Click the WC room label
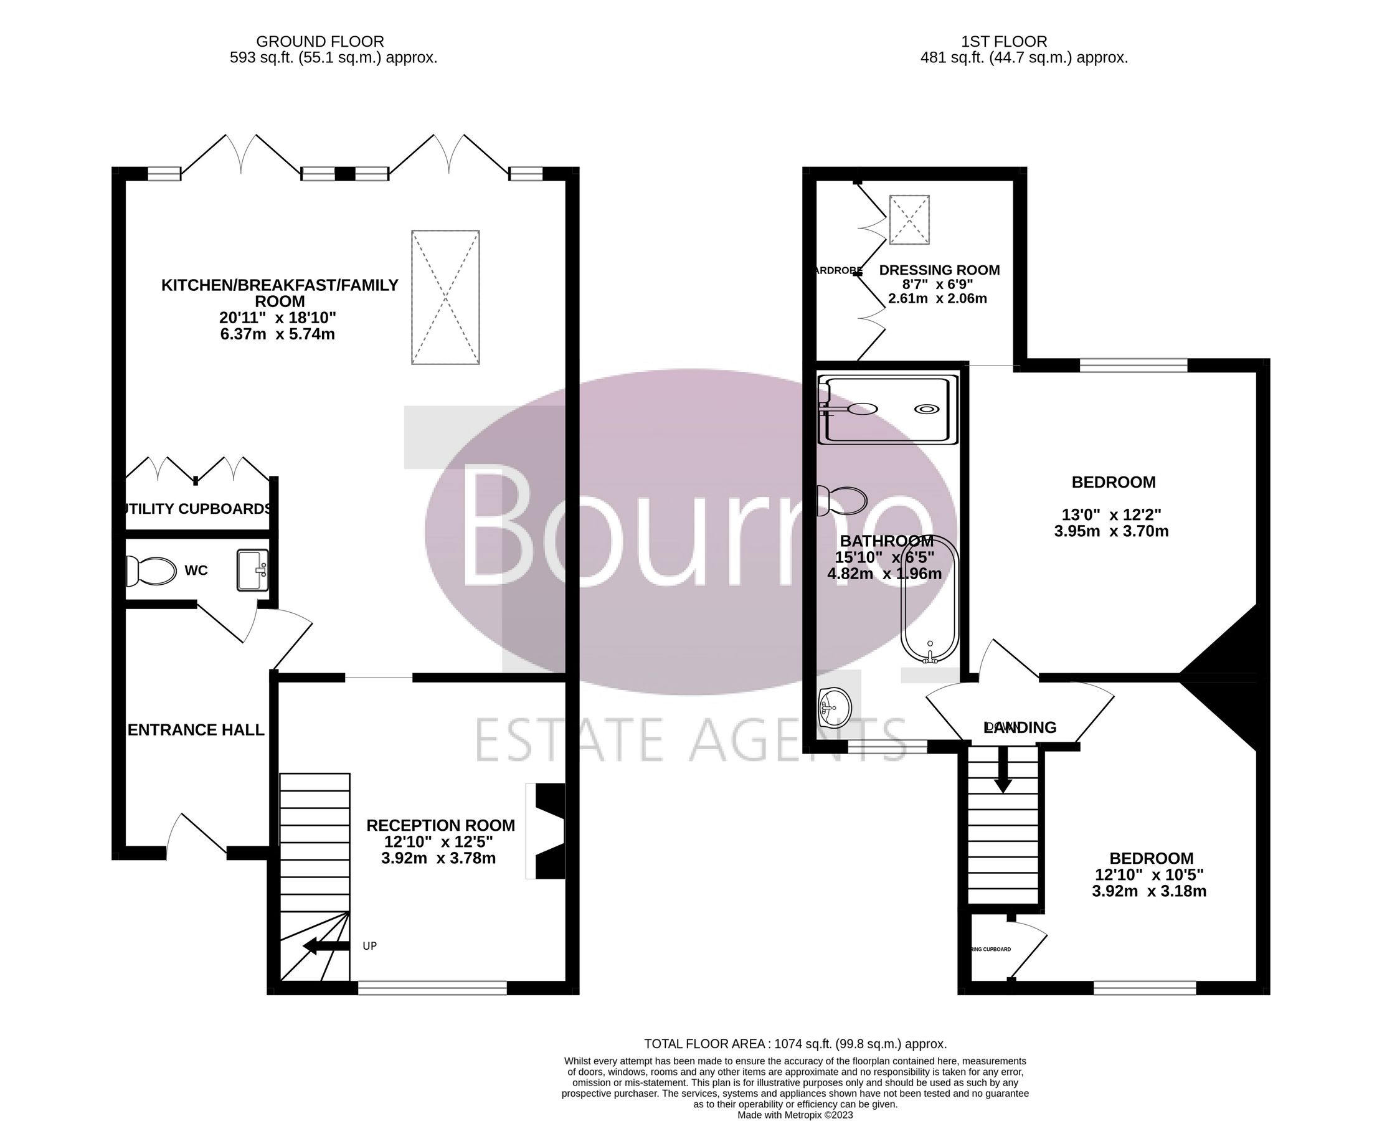pyautogui.click(x=196, y=570)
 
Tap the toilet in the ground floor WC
pyautogui.click(x=153, y=571)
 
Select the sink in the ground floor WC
pyautogui.click(x=252, y=570)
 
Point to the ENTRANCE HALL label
pyautogui.click(x=196, y=730)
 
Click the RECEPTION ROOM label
pyautogui.click(x=440, y=825)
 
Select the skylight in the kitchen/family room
pyautogui.click(x=445, y=297)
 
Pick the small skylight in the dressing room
pyautogui.click(x=909, y=220)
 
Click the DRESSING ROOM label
pyautogui.click(x=939, y=270)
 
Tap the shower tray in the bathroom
pyautogui.click(x=887, y=410)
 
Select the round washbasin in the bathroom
pyautogui.click(x=835, y=708)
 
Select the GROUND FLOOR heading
pyautogui.click(x=319, y=41)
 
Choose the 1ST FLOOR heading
pyautogui.click(x=1003, y=41)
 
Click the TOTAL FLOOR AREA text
pyautogui.click(x=795, y=1044)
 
